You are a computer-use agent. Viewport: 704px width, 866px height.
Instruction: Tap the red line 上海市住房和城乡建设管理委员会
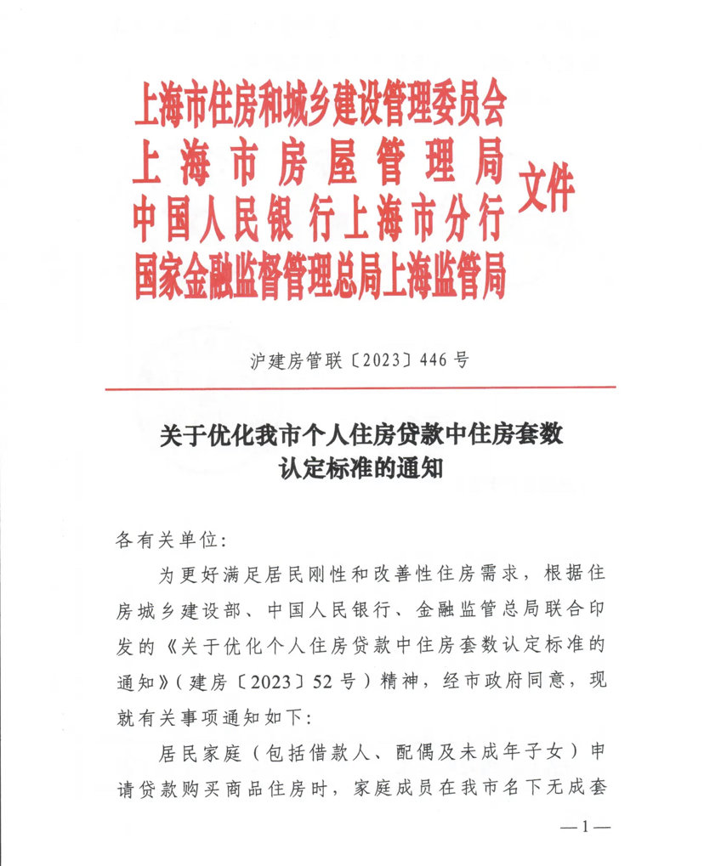click(320, 109)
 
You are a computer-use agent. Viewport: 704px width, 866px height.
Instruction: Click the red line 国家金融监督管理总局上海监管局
click(320, 274)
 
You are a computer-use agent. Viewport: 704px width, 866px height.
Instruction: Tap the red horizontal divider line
click(361, 388)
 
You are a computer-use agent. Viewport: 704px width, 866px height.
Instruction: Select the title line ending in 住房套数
click(361, 437)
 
